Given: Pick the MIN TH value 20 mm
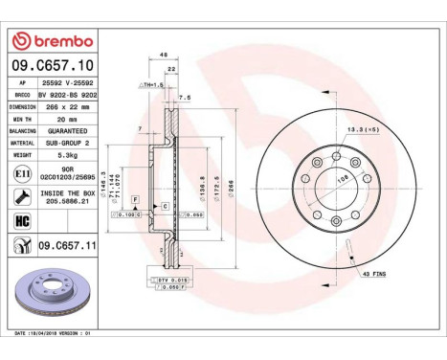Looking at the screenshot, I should click(x=67, y=118).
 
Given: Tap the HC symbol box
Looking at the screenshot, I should click(x=21, y=220).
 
